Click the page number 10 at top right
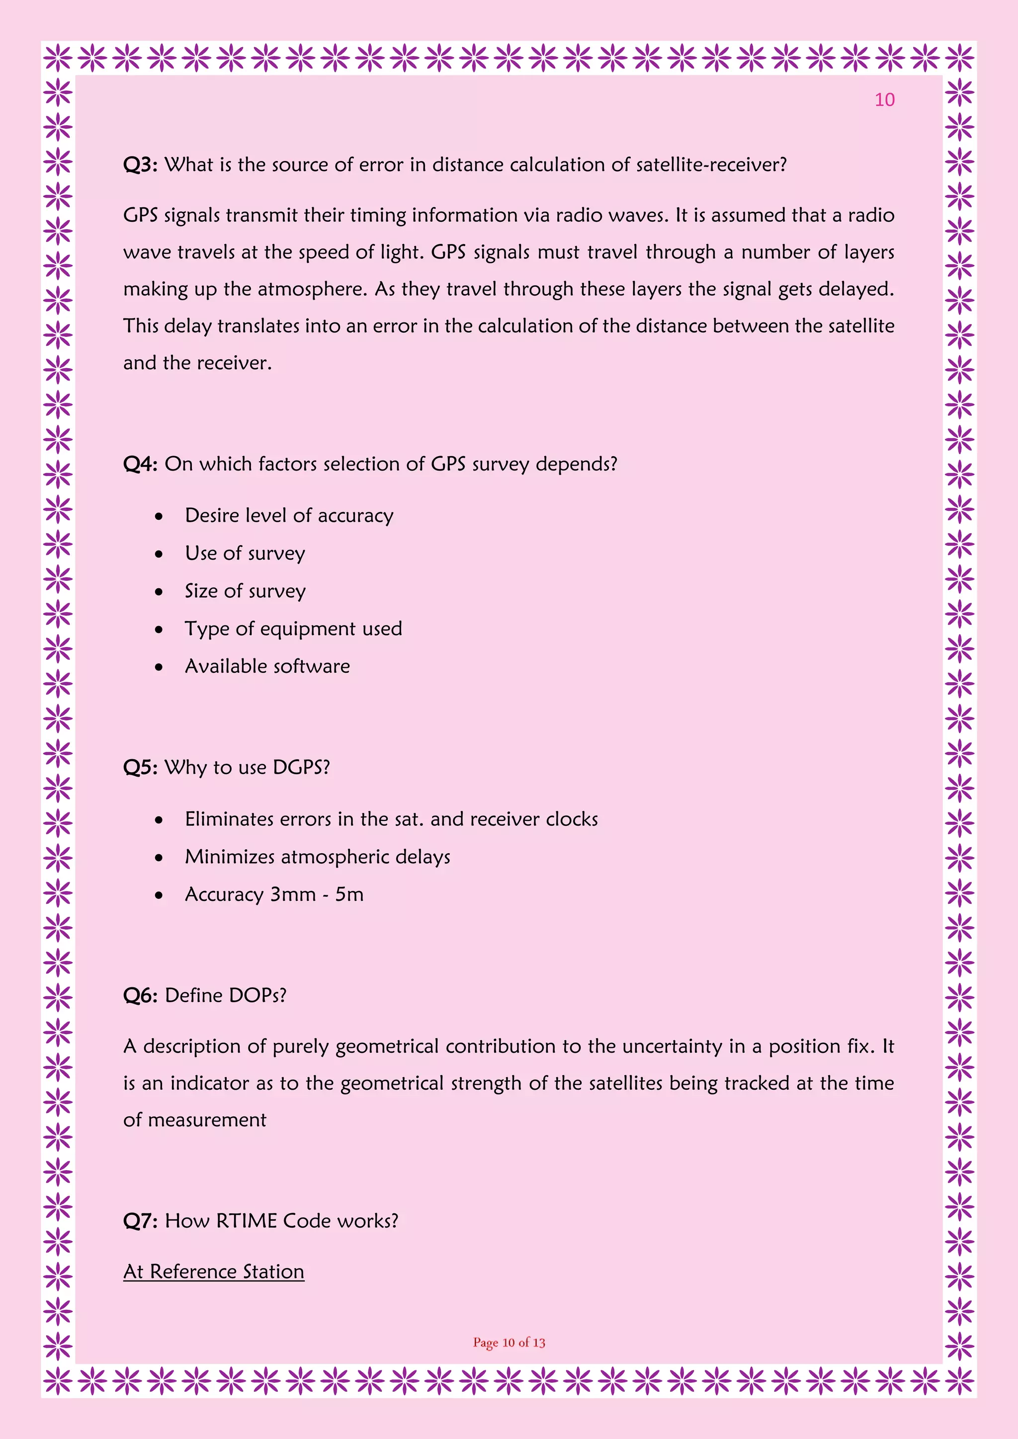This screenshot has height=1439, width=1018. [884, 100]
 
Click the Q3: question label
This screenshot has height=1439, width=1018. [140, 165]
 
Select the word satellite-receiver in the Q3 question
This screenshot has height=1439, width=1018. [711, 165]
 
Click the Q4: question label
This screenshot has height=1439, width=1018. [140, 465]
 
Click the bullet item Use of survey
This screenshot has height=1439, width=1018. [245, 554]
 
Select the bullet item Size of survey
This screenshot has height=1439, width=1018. [245, 591]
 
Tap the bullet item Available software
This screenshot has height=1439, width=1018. [267, 666]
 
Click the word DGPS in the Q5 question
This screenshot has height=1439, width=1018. [301, 768]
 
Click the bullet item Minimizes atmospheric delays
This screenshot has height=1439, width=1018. [317, 857]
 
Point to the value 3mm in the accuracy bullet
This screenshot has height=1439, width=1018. [293, 894]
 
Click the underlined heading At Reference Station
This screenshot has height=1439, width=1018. [214, 1272]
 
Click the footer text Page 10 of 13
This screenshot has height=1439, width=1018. [509, 1343]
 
